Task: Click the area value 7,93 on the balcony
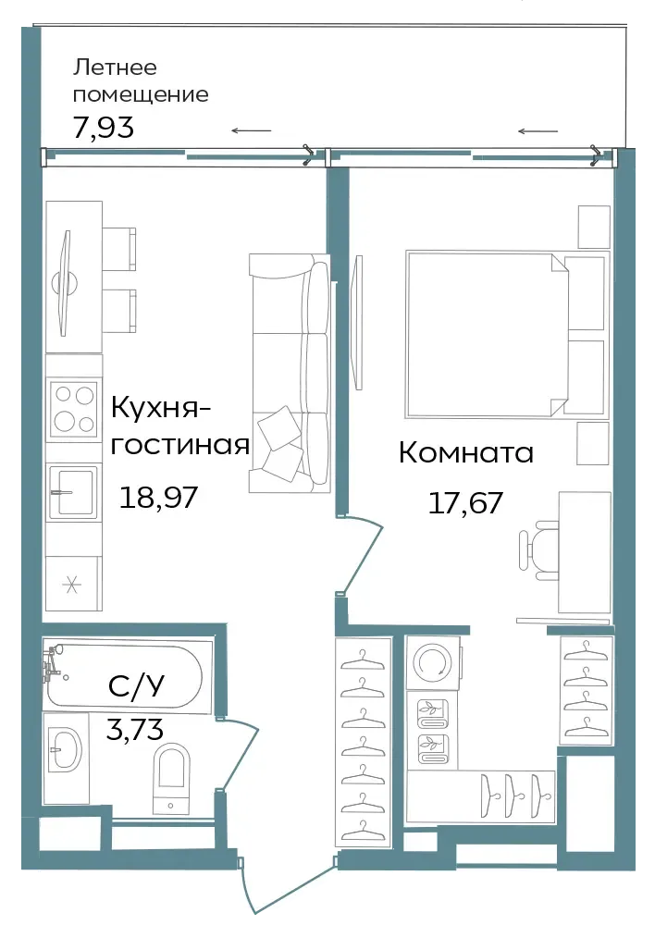tap(104, 127)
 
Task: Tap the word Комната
tap(466, 452)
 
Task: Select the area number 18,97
tap(158, 497)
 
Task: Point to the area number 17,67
tap(465, 503)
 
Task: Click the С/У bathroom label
tap(136, 685)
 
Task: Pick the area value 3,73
tap(135, 729)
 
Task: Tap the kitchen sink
tap(72, 492)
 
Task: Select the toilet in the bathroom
tap(171, 778)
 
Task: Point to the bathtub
tap(124, 675)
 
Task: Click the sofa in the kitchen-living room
tap(290, 373)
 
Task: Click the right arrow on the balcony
tap(538, 131)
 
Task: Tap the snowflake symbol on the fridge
tap(71, 586)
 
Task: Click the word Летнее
tap(115, 68)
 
